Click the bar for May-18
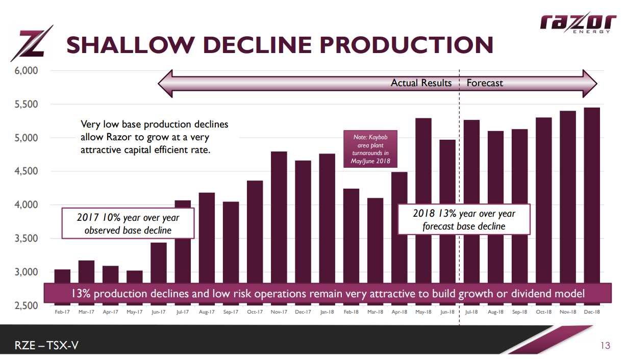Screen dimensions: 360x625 pyautogui.click(x=423, y=199)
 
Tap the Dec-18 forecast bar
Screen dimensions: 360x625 pyautogui.click(x=592, y=194)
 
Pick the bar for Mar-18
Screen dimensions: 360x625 pyautogui.click(x=375, y=240)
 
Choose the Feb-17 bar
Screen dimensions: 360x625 pyautogui.click(x=62, y=276)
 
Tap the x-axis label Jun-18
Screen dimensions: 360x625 pyautogui.click(x=447, y=312)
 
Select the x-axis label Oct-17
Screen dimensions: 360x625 pyautogui.click(x=255, y=312)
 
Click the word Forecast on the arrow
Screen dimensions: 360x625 pyautogui.click(x=485, y=83)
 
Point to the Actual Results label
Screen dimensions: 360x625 pyautogui.click(x=421, y=83)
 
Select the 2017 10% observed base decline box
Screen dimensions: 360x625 pyautogui.click(x=128, y=223)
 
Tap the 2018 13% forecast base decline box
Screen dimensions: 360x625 pyautogui.click(x=464, y=220)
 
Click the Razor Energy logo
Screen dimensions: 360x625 pyautogui.click(x=578, y=22)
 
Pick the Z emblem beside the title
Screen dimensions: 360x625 pyautogui.click(x=36, y=43)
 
